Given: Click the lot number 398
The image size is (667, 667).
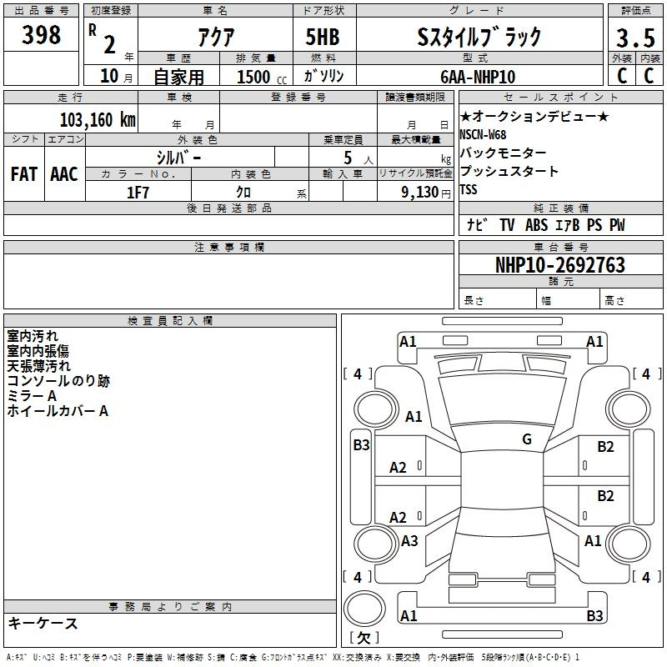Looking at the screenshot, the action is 41,34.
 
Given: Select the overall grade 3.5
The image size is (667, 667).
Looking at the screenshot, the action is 635,38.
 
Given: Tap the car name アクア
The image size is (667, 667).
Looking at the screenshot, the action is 216,37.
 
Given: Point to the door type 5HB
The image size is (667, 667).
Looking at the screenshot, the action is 323,37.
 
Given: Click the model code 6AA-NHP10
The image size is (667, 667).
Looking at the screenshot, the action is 478,77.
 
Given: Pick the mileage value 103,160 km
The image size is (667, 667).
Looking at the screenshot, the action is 98,120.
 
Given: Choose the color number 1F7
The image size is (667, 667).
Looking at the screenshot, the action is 138,193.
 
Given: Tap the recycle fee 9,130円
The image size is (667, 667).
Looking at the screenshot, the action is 426,193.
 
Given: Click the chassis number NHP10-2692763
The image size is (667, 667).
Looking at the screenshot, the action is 560,265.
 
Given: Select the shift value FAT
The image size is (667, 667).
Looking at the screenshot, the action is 24,174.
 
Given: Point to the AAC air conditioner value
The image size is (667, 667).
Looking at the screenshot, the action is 64,174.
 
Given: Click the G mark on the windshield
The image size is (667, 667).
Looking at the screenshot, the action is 527,439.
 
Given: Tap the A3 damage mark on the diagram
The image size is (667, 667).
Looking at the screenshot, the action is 409,541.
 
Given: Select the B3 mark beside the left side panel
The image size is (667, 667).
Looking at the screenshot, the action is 361,445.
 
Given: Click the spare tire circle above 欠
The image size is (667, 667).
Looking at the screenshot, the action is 364,609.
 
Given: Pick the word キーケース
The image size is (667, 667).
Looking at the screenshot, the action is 43,623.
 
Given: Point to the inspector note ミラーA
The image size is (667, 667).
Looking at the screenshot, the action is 32,396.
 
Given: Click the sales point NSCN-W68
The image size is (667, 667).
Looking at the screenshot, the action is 483,135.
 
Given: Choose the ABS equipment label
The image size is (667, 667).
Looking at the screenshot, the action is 536,225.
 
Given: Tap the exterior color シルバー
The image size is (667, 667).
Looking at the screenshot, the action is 178,158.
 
